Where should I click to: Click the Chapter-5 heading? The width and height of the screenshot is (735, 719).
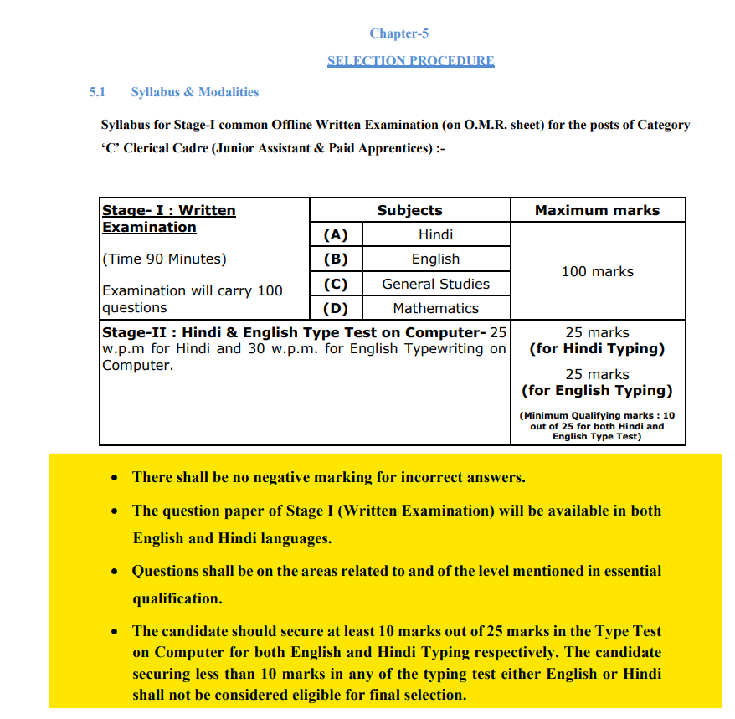coord(398,33)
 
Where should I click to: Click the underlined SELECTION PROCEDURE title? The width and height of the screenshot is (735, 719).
coord(410,61)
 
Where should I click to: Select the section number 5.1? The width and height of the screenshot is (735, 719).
coord(98,92)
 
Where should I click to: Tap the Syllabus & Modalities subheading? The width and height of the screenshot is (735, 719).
coord(195,92)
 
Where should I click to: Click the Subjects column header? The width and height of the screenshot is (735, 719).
coord(409,210)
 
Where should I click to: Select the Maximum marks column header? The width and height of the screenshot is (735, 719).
coord(597,210)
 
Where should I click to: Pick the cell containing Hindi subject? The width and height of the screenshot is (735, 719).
coord(435,234)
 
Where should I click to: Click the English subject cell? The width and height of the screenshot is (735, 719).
coord(435,259)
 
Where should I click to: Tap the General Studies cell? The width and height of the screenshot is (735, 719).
coord(435,284)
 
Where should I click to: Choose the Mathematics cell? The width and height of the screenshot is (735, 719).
coord(435,308)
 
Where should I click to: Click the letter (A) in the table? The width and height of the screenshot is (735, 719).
coord(336,234)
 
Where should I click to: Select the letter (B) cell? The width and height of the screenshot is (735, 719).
coord(336,259)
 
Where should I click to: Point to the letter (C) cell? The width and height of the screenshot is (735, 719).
coord(336,284)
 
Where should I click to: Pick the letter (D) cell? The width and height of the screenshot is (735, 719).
coord(336,308)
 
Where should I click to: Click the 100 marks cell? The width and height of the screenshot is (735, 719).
coord(597,271)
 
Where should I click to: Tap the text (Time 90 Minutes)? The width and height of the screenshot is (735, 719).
coord(164,259)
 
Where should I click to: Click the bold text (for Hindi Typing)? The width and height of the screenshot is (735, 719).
coord(597,348)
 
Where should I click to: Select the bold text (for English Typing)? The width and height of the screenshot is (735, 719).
coord(597,390)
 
